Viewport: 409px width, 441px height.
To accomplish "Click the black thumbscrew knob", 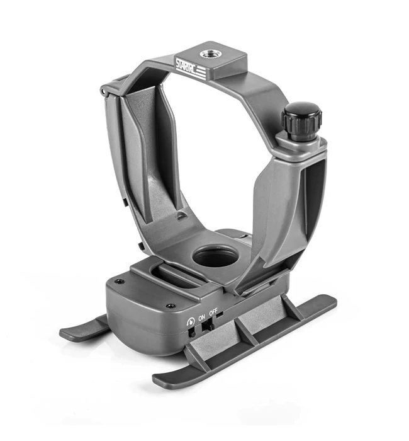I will click(x=301, y=118).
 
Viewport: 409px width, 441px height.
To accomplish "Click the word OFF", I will click(x=215, y=311).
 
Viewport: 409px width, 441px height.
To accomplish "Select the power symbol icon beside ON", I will click(x=190, y=321).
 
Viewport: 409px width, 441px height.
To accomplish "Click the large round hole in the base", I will click(x=215, y=256).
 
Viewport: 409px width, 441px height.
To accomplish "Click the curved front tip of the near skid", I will click(x=160, y=381).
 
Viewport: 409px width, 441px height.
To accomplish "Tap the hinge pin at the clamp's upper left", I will click(x=104, y=92).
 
